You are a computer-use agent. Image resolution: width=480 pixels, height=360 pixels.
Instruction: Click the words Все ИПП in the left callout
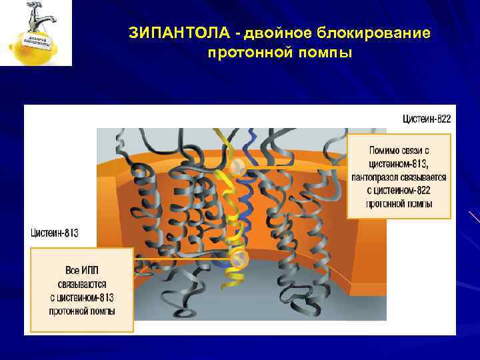[x=82, y=269]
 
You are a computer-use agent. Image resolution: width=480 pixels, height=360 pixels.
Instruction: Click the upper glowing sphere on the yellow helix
[x=237, y=165]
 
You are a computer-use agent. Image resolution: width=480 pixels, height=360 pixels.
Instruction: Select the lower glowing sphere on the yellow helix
[x=238, y=257]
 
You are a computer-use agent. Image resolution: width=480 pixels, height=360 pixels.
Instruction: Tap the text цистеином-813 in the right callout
[x=399, y=165]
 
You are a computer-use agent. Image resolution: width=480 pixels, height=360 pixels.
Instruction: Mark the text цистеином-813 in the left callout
[x=82, y=297]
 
